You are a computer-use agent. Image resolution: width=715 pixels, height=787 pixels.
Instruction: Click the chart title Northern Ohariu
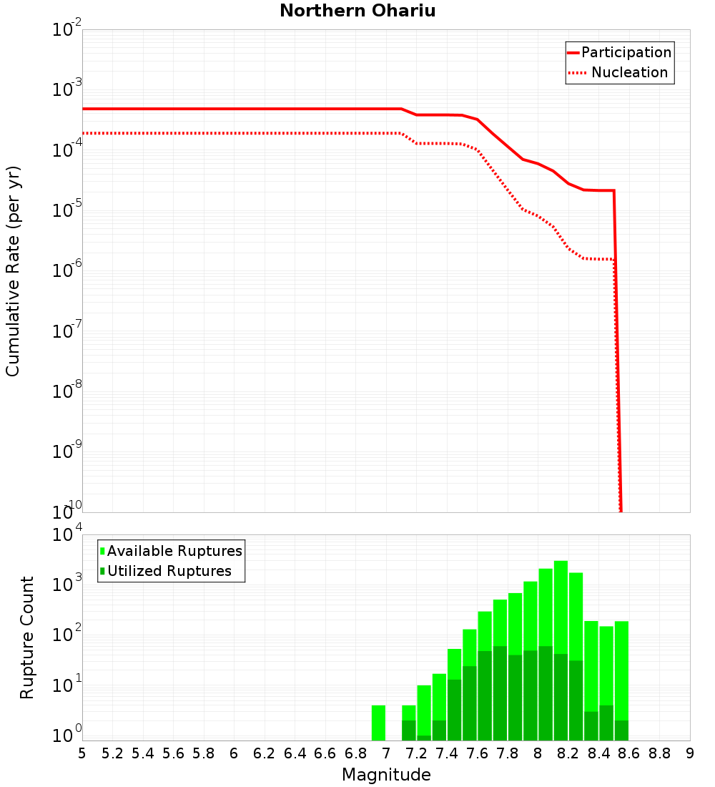(x=357, y=11)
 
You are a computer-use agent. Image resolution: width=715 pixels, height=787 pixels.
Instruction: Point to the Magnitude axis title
(x=386, y=775)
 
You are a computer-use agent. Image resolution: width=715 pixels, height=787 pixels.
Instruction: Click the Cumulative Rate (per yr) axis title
(x=13, y=270)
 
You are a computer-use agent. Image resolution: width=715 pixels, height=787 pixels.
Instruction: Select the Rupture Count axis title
(x=27, y=637)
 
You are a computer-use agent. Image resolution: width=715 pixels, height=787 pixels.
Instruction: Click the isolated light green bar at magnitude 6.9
(x=379, y=723)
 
